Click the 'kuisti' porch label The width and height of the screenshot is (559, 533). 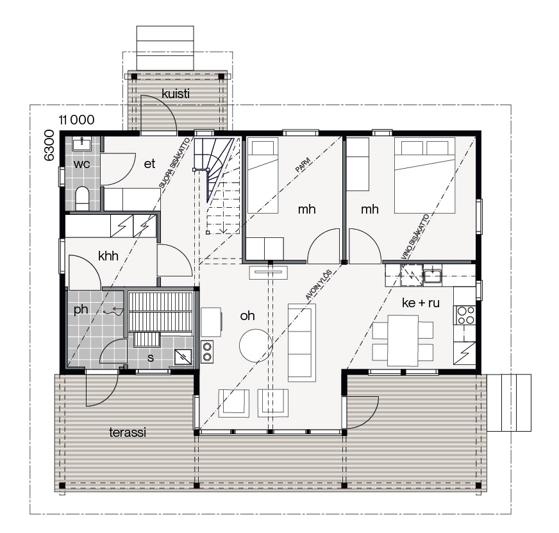176,94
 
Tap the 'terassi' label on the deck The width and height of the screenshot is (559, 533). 128,432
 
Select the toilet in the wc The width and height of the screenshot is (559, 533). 82,198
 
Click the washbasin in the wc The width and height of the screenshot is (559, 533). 82,144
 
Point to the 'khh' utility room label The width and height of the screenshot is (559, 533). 108,256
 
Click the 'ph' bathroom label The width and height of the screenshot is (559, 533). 81,310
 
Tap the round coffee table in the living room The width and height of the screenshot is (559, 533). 256,345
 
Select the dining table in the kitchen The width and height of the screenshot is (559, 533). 403,341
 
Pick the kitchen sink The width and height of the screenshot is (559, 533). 433,276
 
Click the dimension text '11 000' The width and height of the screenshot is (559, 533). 77,120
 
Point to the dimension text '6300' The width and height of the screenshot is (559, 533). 49,145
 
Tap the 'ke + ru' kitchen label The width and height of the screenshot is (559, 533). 421,303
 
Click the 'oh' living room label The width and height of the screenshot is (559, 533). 247,316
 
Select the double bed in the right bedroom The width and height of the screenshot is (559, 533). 424,175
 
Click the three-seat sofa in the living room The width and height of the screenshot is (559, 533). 301,343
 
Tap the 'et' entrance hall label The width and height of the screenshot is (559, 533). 149,164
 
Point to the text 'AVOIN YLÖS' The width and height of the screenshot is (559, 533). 319,285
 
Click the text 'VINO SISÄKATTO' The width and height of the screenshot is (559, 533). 415,237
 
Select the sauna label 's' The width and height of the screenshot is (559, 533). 151,357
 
